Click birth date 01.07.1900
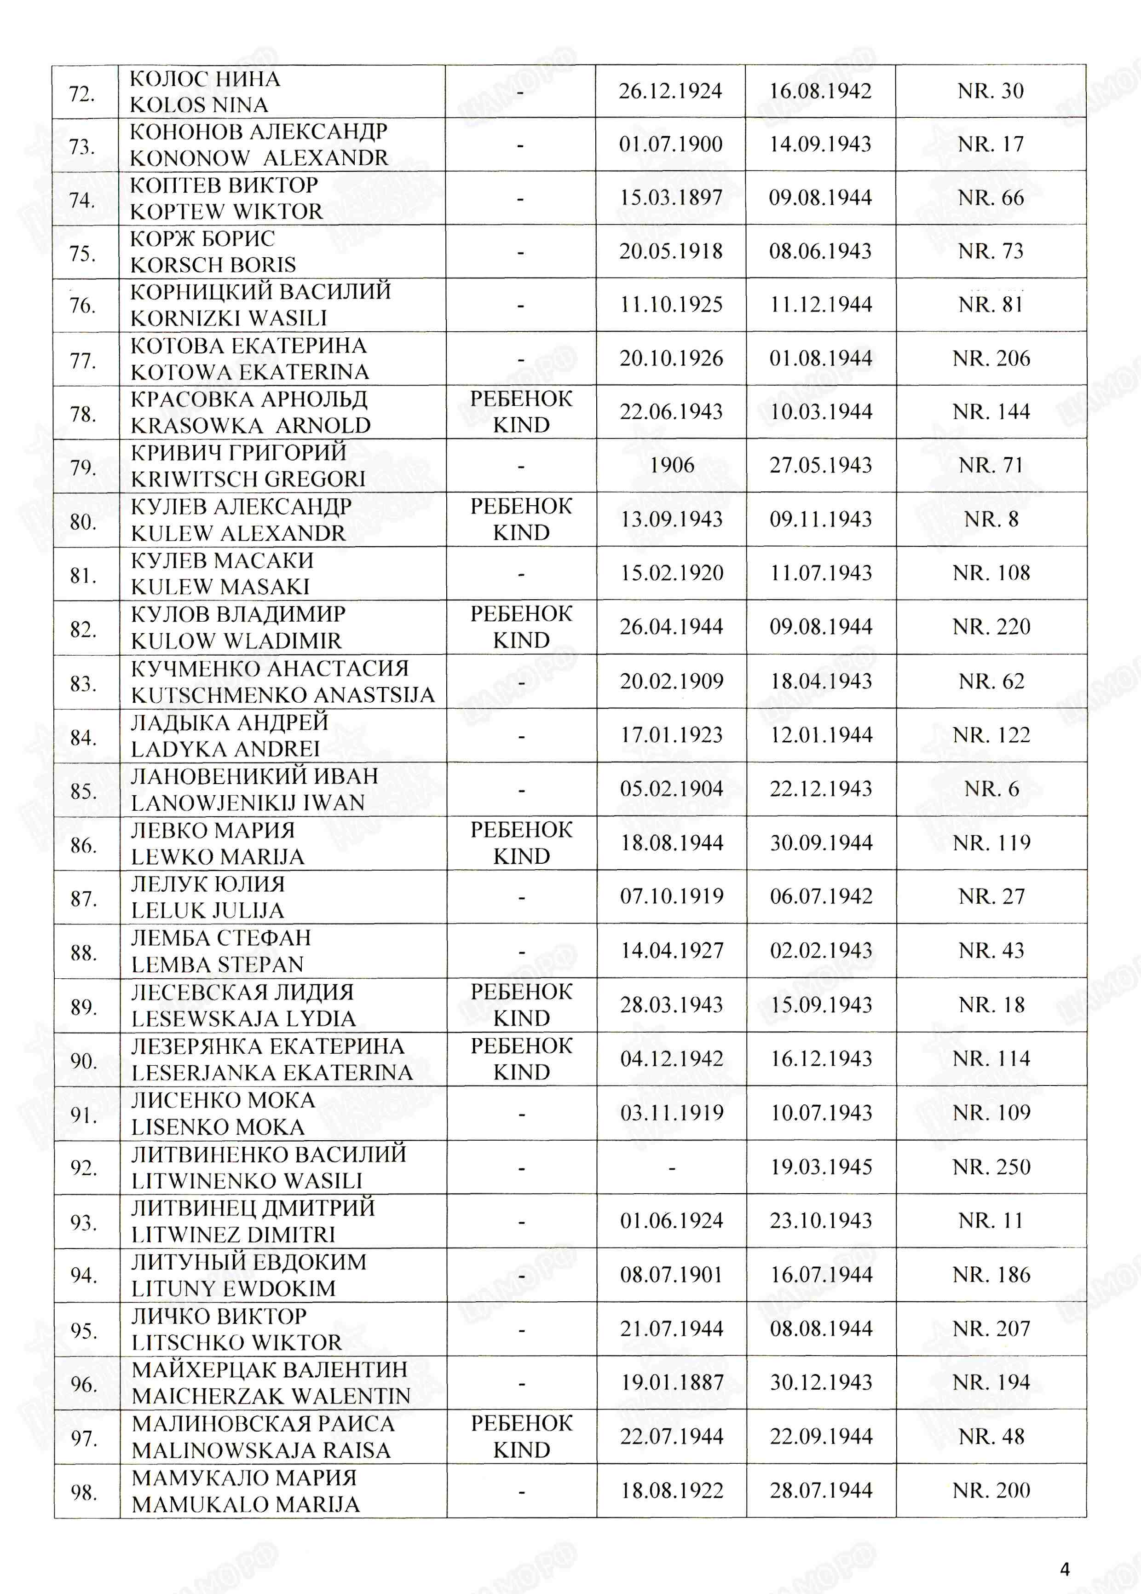pyautogui.click(x=670, y=144)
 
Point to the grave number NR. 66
pyautogui.click(x=991, y=197)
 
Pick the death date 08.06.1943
pyautogui.click(x=820, y=251)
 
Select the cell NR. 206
pyautogui.click(x=991, y=358)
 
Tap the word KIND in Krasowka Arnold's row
pyautogui.click(x=521, y=425)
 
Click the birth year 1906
pyautogui.click(x=672, y=465)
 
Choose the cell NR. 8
pyautogui.click(x=991, y=519)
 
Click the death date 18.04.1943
pyautogui.click(x=821, y=681)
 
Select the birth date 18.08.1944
pyautogui.click(x=672, y=842)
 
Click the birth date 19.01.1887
pyautogui.click(x=672, y=1382)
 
